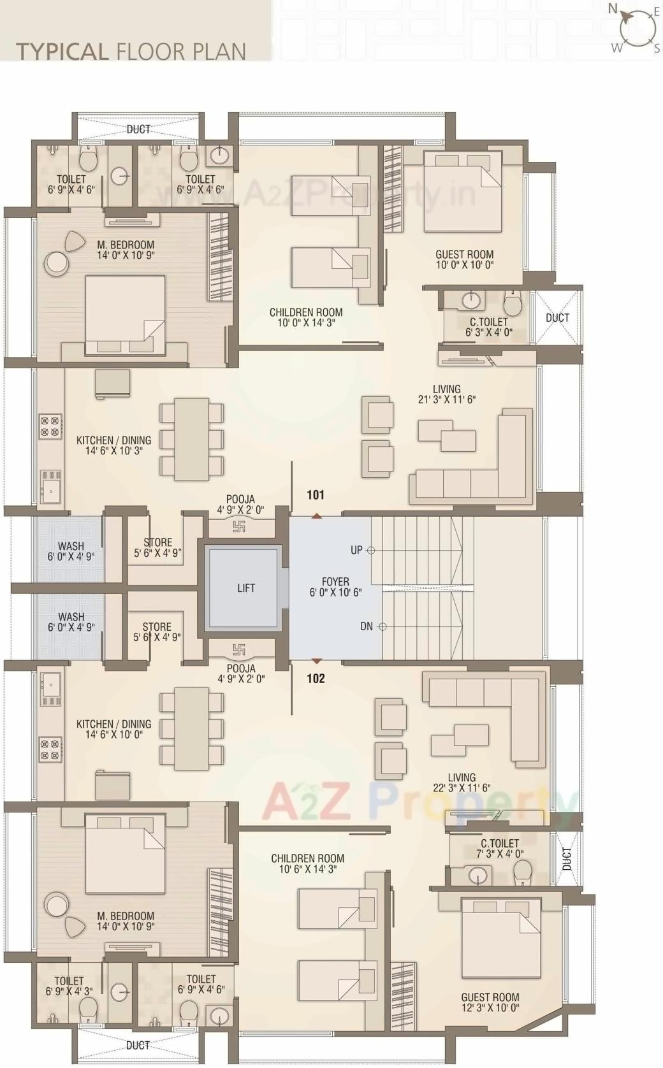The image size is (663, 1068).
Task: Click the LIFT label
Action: tap(246, 588)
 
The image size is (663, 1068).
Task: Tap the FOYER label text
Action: tap(335, 587)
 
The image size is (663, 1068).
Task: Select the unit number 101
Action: tap(316, 495)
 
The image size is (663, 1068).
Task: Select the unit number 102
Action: tap(316, 678)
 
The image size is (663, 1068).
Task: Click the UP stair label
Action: tap(356, 550)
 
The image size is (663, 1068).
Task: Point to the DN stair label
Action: tap(367, 626)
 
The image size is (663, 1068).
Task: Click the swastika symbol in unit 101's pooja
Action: tap(239, 526)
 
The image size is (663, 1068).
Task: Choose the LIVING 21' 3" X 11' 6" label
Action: tap(446, 394)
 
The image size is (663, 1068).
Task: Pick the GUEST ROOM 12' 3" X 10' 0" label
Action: tap(490, 1002)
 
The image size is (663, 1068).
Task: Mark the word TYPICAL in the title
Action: tap(62, 52)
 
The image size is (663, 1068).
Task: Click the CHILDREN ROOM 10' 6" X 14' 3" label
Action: tap(307, 863)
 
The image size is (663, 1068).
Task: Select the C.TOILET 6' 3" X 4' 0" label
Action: tap(489, 327)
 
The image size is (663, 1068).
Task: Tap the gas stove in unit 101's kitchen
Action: tap(50, 426)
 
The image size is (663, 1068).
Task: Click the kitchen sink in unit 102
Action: tap(50, 683)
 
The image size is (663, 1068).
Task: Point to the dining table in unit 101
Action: tap(192, 439)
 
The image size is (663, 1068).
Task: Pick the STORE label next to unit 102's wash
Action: tap(157, 632)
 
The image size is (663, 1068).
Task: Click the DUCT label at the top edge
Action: tap(138, 129)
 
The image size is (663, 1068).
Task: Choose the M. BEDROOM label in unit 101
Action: tap(126, 250)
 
